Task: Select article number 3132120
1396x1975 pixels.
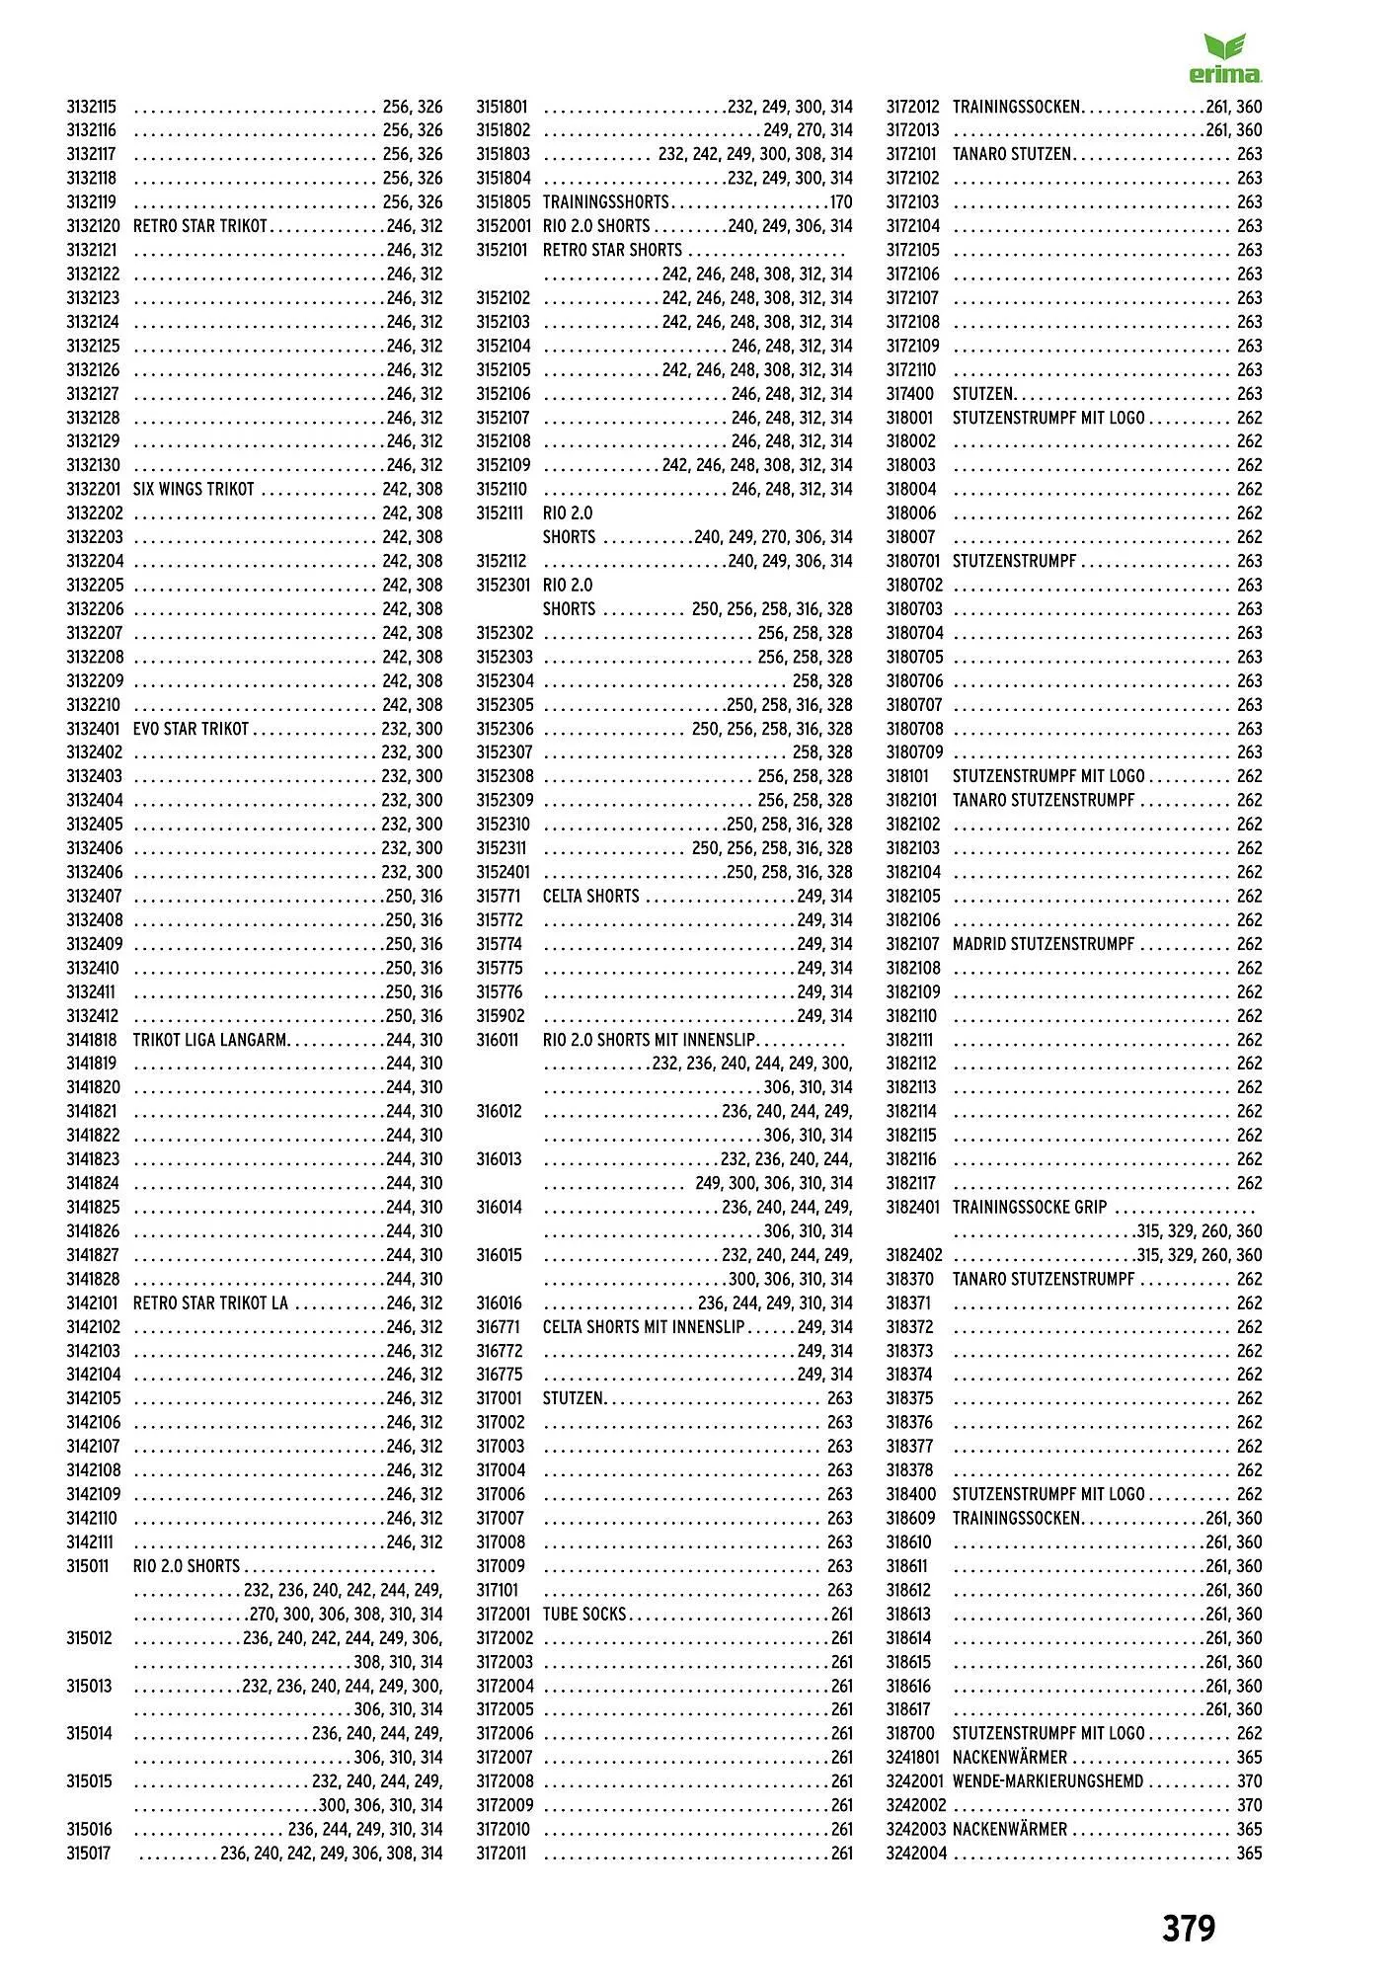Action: click(x=93, y=226)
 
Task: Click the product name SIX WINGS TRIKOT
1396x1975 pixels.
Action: click(x=194, y=490)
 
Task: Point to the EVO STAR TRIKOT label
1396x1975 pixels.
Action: click(x=191, y=729)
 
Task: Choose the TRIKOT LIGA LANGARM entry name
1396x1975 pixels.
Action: click(x=210, y=1040)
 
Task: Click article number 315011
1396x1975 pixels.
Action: click(x=88, y=1566)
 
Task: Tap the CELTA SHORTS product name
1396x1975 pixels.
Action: click(x=590, y=897)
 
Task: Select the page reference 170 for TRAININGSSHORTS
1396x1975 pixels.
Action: click(x=840, y=202)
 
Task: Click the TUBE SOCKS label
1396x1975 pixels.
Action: click(x=584, y=1615)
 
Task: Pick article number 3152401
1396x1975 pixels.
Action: click(x=504, y=872)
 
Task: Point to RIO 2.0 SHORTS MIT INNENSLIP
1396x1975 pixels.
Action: click(x=649, y=1040)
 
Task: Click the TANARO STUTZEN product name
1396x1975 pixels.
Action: click(x=1011, y=154)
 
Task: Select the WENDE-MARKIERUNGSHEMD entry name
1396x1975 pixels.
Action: click(x=1047, y=1781)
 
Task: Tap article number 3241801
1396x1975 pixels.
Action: click(x=914, y=1758)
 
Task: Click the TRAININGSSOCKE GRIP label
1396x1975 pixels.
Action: click(x=1030, y=1208)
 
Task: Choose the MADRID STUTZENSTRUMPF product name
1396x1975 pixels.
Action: click(x=1044, y=944)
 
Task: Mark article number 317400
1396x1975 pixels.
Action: click(x=909, y=394)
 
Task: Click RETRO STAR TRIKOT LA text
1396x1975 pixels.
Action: click(x=210, y=1303)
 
